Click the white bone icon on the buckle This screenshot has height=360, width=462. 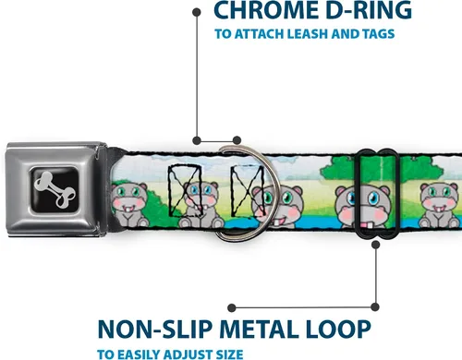[55, 189]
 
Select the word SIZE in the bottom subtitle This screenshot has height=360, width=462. [229, 354]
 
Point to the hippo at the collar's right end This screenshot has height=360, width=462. [440, 205]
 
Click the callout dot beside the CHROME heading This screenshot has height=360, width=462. [197, 12]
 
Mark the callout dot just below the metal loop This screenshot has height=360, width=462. [375, 245]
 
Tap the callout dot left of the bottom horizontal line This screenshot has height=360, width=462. [232, 307]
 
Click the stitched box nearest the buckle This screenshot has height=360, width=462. [185, 191]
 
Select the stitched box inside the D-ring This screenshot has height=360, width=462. [248, 191]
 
